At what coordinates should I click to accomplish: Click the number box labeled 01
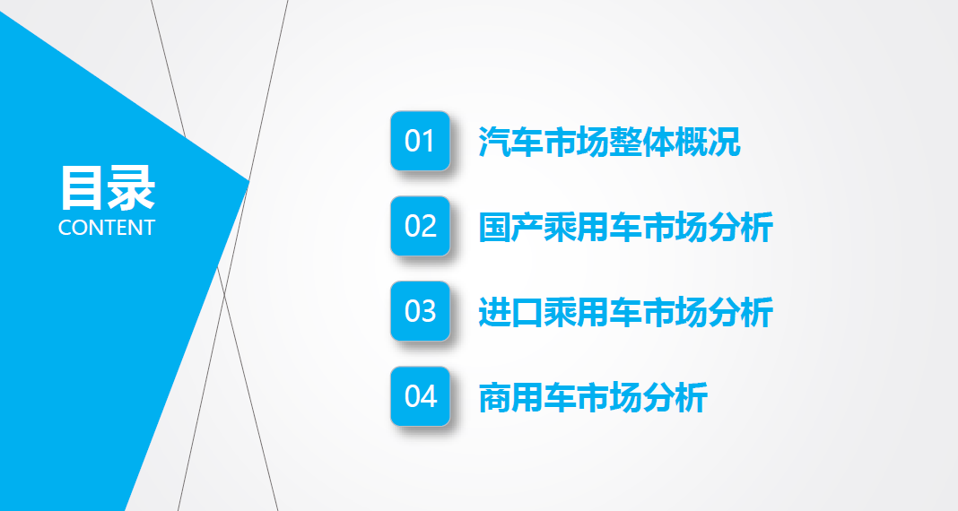pos(421,141)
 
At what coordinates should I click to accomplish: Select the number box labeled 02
pos(421,226)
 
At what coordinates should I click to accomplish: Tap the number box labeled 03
pos(421,311)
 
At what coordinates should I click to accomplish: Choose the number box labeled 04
pos(421,396)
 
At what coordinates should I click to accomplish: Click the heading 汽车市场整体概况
pos(609,142)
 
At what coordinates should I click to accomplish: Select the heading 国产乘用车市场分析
pos(625,227)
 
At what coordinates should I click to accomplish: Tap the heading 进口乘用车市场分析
pos(625,312)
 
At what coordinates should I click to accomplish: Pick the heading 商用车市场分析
pos(593,397)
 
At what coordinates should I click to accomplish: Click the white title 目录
pos(107,188)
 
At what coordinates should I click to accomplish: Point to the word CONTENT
pos(107,228)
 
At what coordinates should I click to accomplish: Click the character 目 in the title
pos(81,188)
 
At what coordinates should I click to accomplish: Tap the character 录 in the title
pos(131,188)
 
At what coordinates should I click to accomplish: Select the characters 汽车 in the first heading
pos(510,142)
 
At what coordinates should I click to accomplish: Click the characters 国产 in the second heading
pos(510,227)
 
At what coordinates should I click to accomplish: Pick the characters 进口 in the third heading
pos(510,312)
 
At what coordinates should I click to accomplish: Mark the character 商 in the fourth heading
pos(493,397)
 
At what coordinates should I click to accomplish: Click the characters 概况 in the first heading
pos(708,142)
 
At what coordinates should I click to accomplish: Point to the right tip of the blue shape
pos(249,181)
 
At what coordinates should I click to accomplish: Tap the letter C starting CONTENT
pos(65,228)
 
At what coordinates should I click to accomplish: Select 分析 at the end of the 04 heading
pos(675,397)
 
